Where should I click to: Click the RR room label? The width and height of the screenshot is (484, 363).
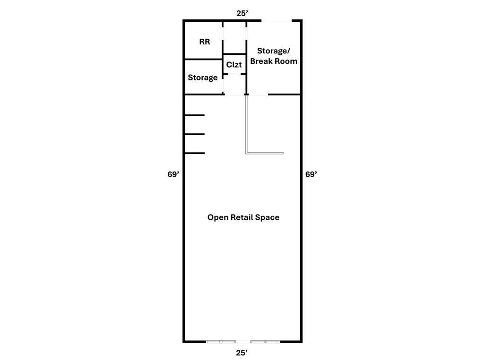tap(205, 42)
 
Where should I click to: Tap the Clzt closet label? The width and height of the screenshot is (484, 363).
tap(234, 64)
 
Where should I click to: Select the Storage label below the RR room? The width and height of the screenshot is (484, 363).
tap(202, 78)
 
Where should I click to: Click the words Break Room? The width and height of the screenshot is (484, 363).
tap(274, 61)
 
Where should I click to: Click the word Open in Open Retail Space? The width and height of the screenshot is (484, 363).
tap(218, 217)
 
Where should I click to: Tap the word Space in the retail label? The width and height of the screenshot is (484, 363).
tap(268, 217)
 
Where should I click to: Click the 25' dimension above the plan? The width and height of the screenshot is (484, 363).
tap(242, 13)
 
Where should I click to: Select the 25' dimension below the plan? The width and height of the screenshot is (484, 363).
tap(242, 353)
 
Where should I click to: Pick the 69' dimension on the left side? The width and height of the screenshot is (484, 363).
tap(173, 174)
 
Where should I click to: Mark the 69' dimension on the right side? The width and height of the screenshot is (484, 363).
tap(311, 174)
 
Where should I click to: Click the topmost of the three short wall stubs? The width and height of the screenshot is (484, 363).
tap(194, 115)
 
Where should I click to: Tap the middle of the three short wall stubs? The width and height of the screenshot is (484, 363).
tap(194, 134)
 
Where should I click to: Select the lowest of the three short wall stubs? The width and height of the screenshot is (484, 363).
tap(194, 153)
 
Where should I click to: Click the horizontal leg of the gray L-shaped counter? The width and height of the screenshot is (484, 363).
tap(265, 153)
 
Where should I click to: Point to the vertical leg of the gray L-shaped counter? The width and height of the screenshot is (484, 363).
tap(247, 124)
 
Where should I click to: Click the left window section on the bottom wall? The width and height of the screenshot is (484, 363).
tap(221, 342)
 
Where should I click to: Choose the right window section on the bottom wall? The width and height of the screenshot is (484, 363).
tap(266, 342)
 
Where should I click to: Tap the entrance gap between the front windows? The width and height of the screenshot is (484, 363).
tap(243, 342)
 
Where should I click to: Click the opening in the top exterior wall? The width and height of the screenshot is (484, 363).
tap(277, 21)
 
